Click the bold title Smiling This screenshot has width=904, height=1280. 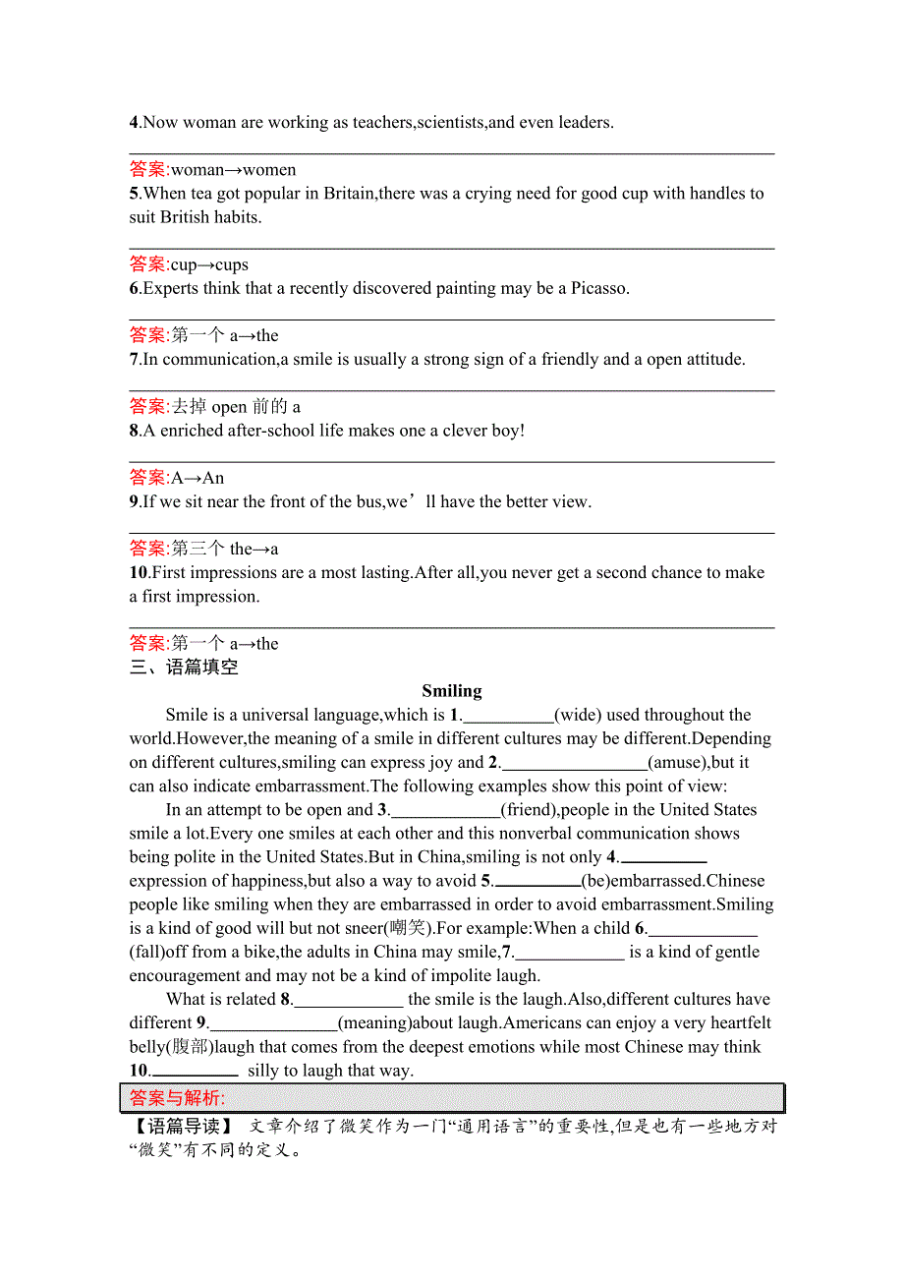point(451,691)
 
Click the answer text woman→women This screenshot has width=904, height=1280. point(233,170)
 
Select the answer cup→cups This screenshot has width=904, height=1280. point(209,264)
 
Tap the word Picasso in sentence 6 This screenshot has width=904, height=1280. point(597,288)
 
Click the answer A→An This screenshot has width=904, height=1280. point(198,478)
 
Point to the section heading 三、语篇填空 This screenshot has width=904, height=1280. point(184,668)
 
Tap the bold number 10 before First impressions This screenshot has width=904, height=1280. point(138,572)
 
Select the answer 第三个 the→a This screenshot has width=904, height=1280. point(225,549)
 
